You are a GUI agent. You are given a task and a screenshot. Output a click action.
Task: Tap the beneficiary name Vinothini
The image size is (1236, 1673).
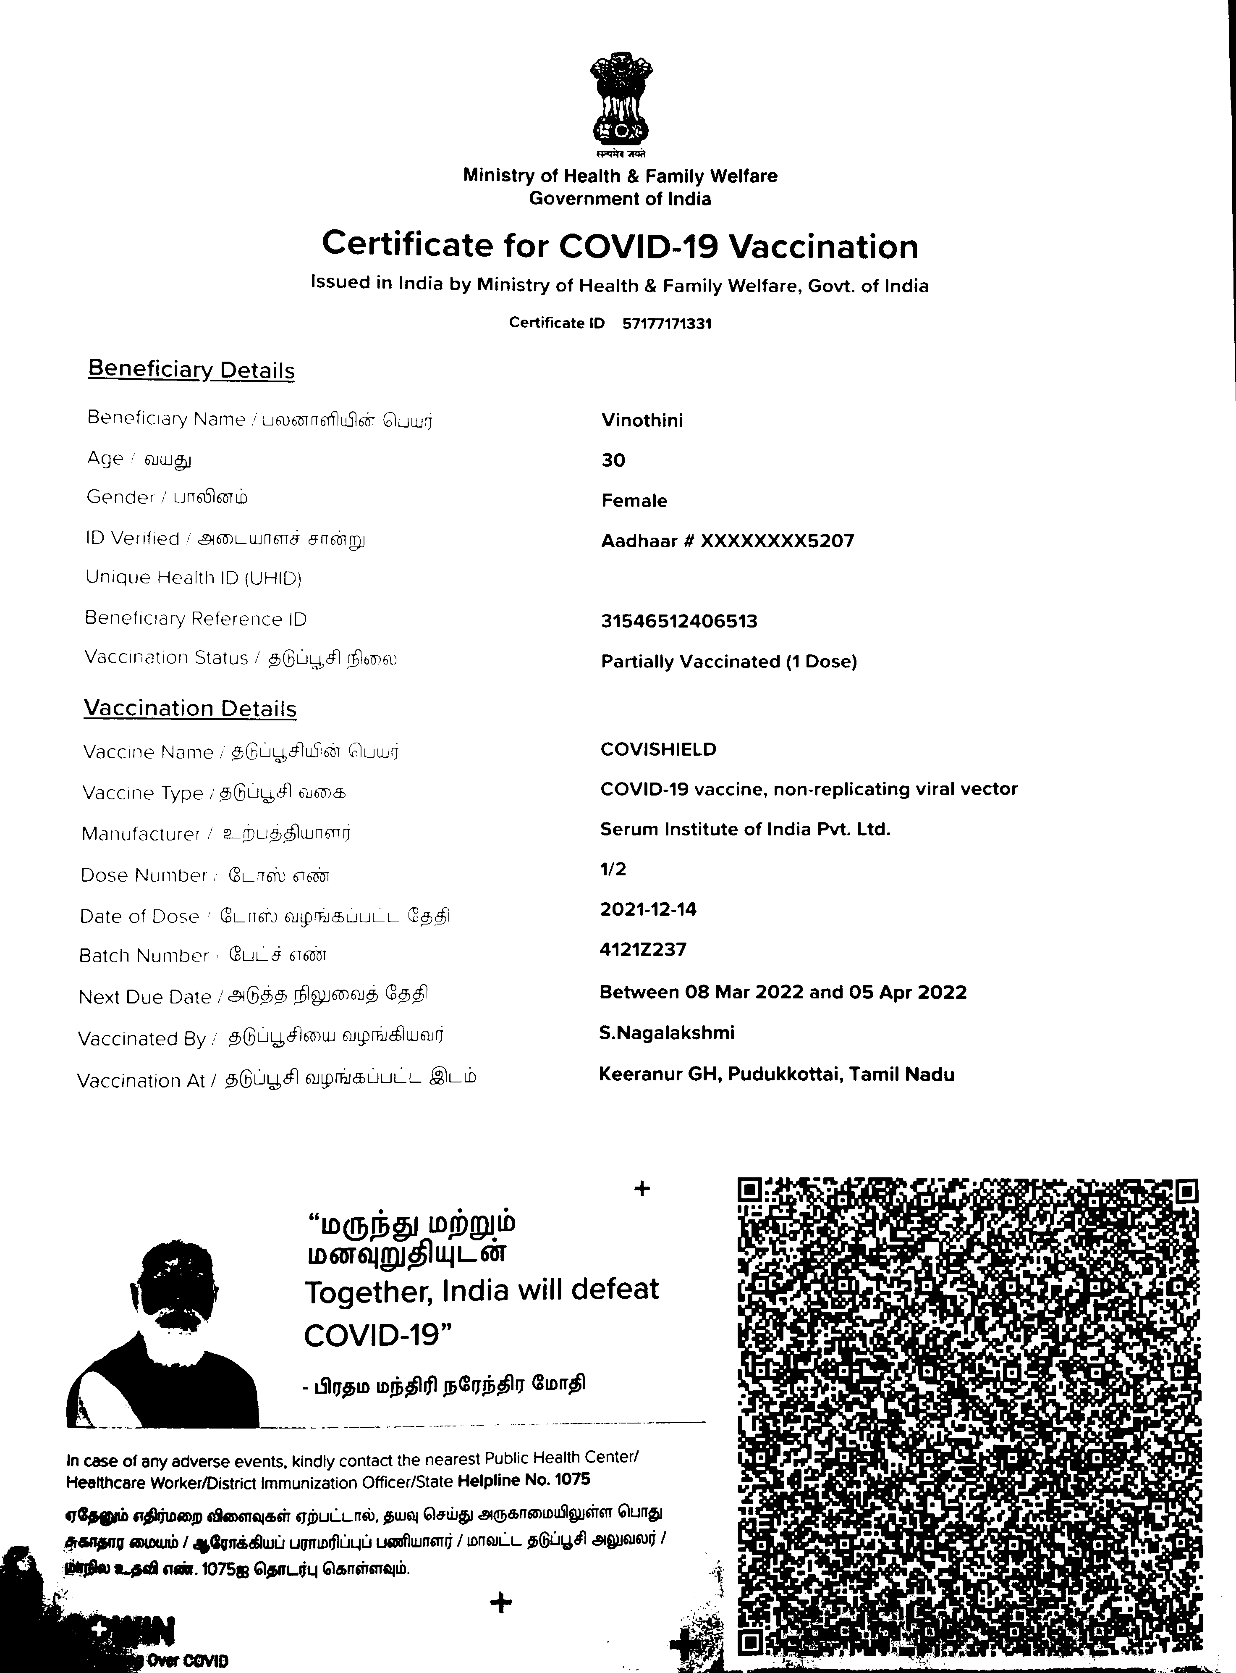pos(642,421)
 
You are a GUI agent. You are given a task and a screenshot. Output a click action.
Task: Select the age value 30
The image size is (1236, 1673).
pos(613,460)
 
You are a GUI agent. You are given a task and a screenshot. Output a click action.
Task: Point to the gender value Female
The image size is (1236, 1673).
pos(634,501)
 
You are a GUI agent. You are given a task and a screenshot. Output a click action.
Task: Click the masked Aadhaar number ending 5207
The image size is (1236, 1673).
pos(727,541)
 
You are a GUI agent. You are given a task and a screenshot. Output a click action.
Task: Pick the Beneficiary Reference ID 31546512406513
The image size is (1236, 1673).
pos(678,621)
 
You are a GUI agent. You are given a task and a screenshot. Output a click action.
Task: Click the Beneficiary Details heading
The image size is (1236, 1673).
pos(191,370)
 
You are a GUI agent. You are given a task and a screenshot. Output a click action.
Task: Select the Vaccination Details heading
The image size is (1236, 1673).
pos(190,708)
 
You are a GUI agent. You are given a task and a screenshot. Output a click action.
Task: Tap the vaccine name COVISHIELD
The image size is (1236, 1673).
pos(657,749)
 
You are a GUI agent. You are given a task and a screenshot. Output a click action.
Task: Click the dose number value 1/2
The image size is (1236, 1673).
pos(613,869)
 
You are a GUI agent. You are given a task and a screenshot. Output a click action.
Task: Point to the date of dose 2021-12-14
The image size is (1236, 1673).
pos(648,909)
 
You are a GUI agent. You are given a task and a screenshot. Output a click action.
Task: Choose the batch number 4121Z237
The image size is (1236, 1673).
pos(643,950)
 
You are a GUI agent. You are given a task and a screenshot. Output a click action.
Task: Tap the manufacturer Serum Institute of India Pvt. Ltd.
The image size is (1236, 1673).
pos(744,830)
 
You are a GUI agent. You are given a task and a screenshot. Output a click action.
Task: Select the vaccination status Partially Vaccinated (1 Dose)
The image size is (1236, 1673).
pos(729,662)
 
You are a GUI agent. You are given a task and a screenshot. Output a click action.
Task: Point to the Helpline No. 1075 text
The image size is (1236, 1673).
pos(523,1480)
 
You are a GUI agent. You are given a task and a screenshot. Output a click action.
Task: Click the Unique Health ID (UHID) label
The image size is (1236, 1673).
pos(193,578)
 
